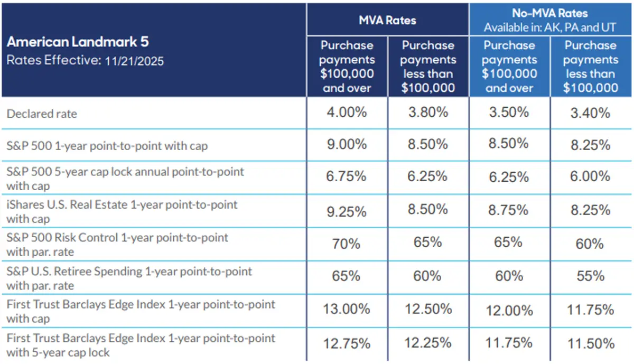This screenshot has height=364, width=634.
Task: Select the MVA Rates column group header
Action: [x=387, y=20]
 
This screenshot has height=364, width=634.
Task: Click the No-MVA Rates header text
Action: [x=549, y=13]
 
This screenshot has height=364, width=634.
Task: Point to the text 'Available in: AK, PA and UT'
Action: [x=549, y=26]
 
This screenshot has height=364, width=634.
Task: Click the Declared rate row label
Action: [x=42, y=114]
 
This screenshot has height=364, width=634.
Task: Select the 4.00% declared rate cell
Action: [x=346, y=113]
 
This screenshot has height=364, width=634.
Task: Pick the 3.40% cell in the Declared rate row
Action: [x=590, y=113]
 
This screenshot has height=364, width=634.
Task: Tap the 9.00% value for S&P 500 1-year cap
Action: [x=346, y=145]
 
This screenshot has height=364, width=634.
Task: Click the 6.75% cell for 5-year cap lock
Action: [x=346, y=177]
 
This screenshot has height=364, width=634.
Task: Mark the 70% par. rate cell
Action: [x=346, y=244]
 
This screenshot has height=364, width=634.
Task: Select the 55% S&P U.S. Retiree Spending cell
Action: [x=590, y=276]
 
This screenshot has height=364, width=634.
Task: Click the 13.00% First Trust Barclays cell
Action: [x=346, y=310]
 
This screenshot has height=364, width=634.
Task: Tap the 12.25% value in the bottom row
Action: [x=427, y=343]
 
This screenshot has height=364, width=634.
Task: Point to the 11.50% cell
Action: [x=590, y=343]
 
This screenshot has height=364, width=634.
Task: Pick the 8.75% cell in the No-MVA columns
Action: [x=508, y=210]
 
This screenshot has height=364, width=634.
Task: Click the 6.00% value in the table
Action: [x=590, y=178]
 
